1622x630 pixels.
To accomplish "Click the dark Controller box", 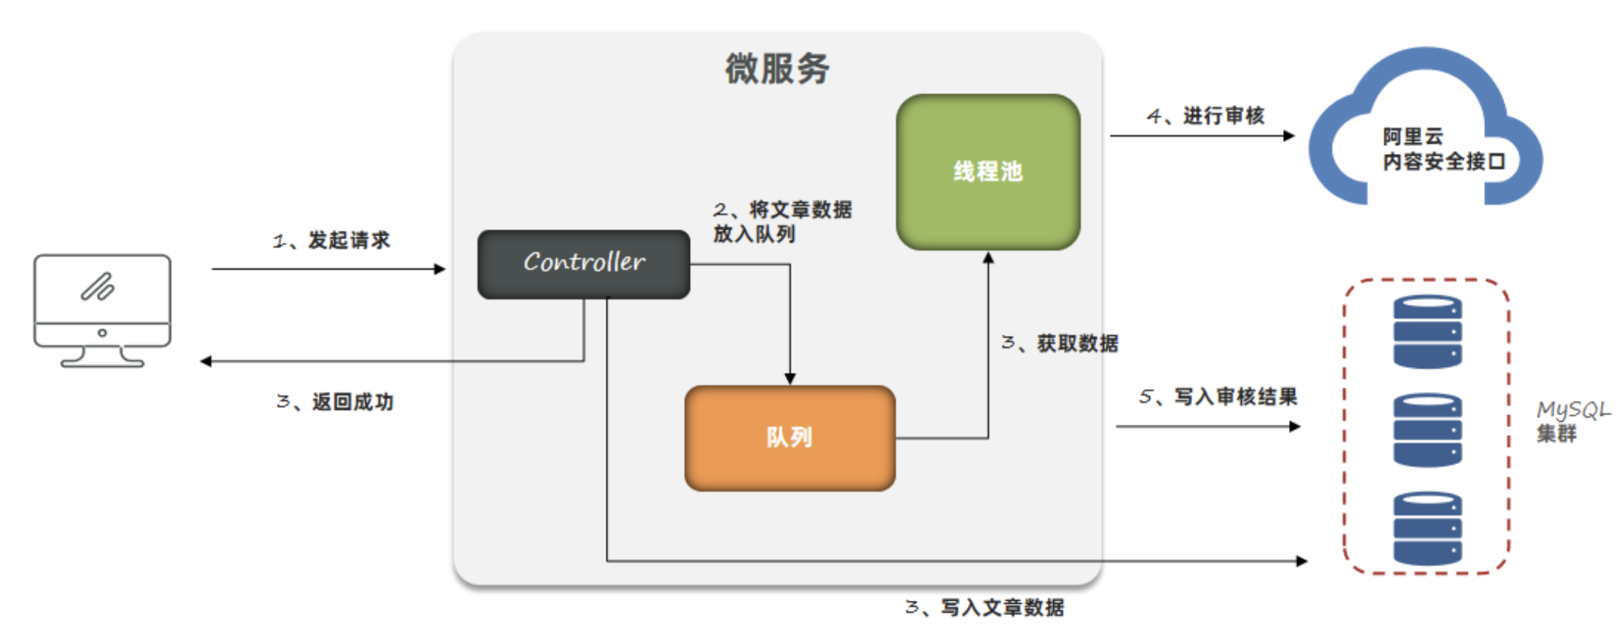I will click(x=583, y=264).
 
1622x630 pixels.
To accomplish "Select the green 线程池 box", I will click(x=988, y=171).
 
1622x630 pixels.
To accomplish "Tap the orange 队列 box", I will click(x=789, y=438).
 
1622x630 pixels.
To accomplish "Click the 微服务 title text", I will click(x=777, y=69).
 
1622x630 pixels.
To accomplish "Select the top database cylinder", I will click(x=1427, y=332).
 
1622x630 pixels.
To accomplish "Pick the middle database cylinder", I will click(x=1427, y=430).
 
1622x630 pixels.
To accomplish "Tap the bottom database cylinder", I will click(x=1427, y=529).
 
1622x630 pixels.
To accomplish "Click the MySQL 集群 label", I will click(x=1572, y=421).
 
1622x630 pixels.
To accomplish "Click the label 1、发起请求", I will click(x=331, y=241).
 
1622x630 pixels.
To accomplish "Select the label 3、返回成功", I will click(x=335, y=402).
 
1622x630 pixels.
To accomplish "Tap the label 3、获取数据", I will click(x=1060, y=344).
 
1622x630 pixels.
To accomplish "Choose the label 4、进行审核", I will click(x=1206, y=116).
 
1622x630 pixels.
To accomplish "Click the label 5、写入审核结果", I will click(x=1218, y=397).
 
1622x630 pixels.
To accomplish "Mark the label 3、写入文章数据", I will click(x=985, y=607).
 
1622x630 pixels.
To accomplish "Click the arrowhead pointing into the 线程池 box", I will click(x=988, y=258).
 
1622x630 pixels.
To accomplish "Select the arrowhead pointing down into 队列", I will click(x=790, y=379).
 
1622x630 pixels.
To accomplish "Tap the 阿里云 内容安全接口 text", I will click(x=1443, y=149).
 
